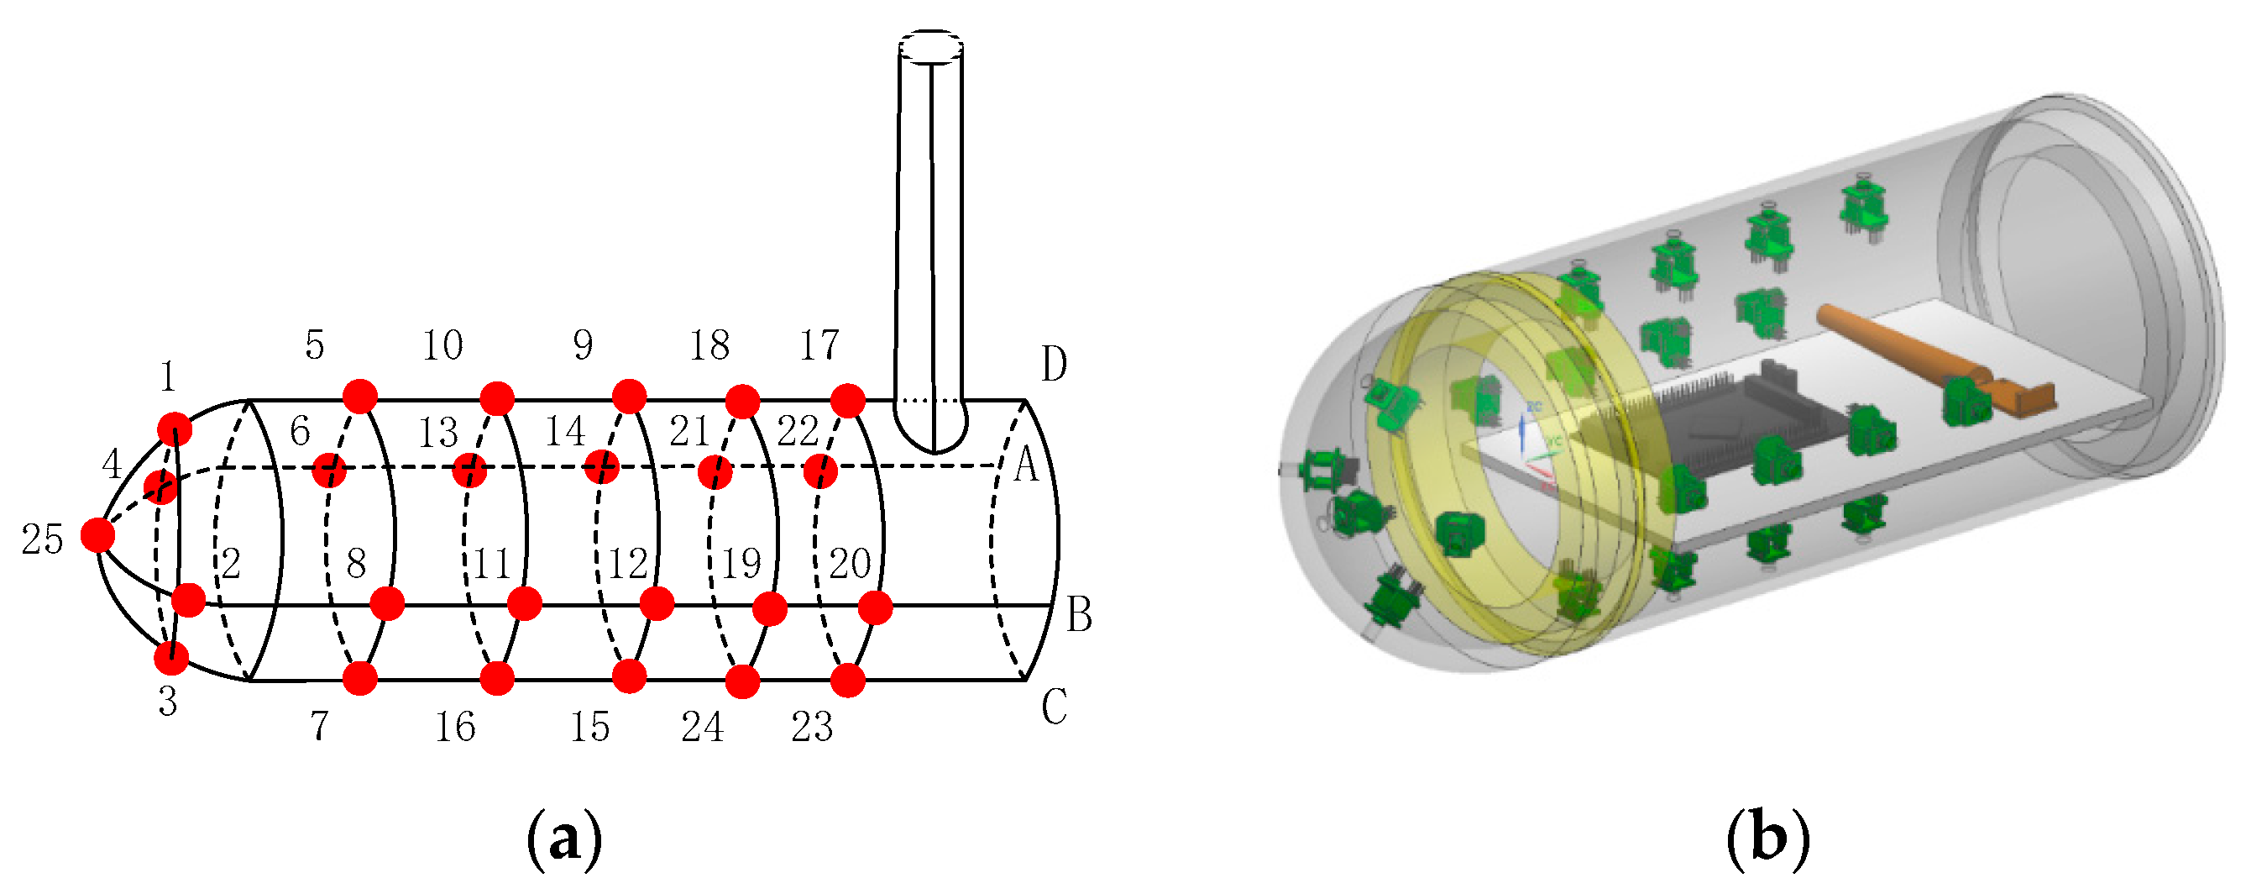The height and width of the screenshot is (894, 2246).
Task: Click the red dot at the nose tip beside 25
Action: point(97,534)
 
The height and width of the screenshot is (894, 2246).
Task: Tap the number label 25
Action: point(42,540)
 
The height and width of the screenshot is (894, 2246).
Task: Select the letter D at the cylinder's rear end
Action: point(1054,365)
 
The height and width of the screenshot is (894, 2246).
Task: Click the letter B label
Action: point(1079,616)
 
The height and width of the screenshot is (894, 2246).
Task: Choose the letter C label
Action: point(1054,707)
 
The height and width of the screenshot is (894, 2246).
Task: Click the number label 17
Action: point(819,345)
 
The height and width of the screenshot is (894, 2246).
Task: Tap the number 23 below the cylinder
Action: point(811,728)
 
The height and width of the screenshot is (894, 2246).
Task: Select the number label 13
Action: point(437,433)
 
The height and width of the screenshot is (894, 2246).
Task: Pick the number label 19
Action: point(741,565)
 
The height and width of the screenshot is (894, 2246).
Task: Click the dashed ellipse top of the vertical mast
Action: point(930,46)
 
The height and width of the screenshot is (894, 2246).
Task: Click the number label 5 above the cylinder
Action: point(314,345)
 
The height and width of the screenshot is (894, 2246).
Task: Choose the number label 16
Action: point(454,728)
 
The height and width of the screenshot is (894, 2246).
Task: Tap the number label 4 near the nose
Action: point(112,465)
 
